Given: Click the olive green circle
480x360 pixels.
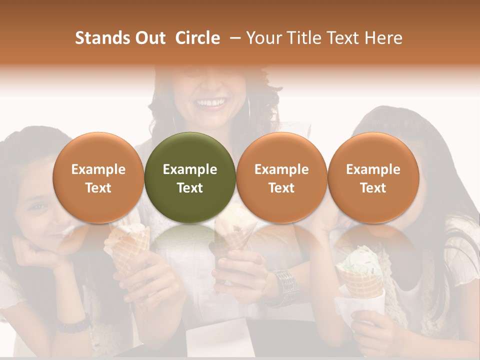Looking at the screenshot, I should (x=190, y=177).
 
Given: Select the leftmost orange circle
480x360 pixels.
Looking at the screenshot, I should (x=98, y=177).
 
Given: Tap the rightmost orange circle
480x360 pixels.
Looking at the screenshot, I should (x=373, y=177).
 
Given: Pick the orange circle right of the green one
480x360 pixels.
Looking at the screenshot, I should (x=281, y=177).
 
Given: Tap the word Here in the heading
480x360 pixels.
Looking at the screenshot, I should (x=384, y=38).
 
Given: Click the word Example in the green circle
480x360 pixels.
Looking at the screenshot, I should (x=190, y=169).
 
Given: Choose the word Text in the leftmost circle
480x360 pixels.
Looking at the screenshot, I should (x=98, y=188).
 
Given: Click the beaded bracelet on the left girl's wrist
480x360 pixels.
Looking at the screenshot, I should (x=72, y=325).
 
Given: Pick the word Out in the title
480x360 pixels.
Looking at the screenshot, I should (x=148, y=38).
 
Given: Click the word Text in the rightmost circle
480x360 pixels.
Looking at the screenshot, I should (x=373, y=188).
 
